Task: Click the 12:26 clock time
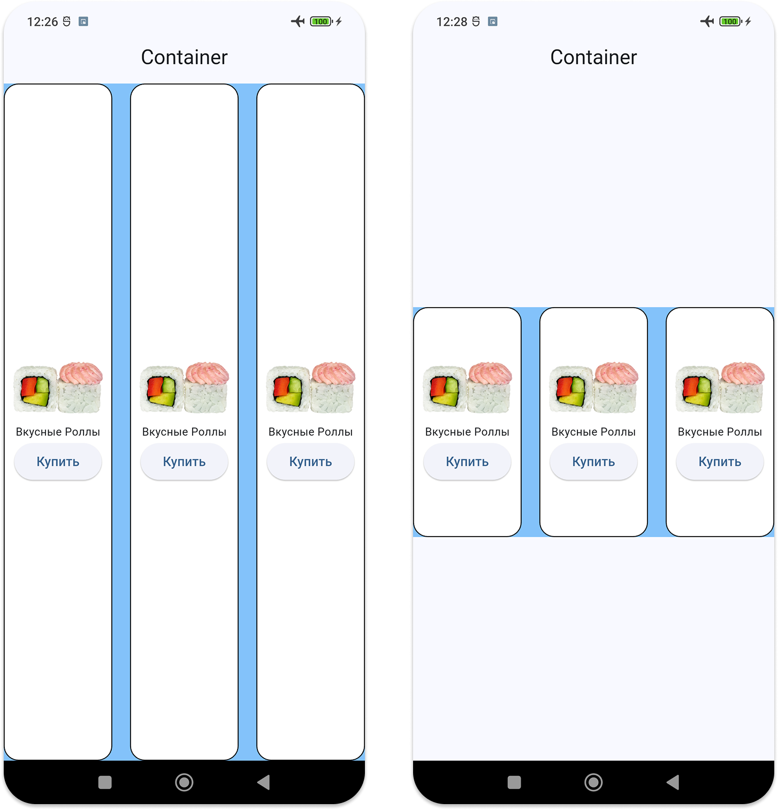[x=42, y=22]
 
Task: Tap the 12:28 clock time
[x=452, y=22]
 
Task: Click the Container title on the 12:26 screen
[x=184, y=57]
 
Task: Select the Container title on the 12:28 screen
[x=593, y=57]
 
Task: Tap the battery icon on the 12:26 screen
[x=321, y=21]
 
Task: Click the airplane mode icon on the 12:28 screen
[x=707, y=21]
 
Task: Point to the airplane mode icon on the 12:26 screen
[x=298, y=21]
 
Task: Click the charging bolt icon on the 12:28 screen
[x=748, y=21]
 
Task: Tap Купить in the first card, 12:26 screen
[x=58, y=462]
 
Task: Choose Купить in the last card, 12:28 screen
[x=720, y=462]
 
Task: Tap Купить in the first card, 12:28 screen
[x=467, y=462]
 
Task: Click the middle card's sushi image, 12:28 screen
[x=593, y=388]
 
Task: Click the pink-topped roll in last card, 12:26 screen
[x=333, y=388]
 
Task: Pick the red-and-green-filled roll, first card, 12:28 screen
[x=444, y=389]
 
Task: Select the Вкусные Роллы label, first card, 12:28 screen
[x=467, y=432]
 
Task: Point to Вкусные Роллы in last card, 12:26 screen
[x=310, y=432]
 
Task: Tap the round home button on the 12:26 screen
[x=184, y=782]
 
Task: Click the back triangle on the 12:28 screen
[x=673, y=782]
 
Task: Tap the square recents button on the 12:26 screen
[x=105, y=782]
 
